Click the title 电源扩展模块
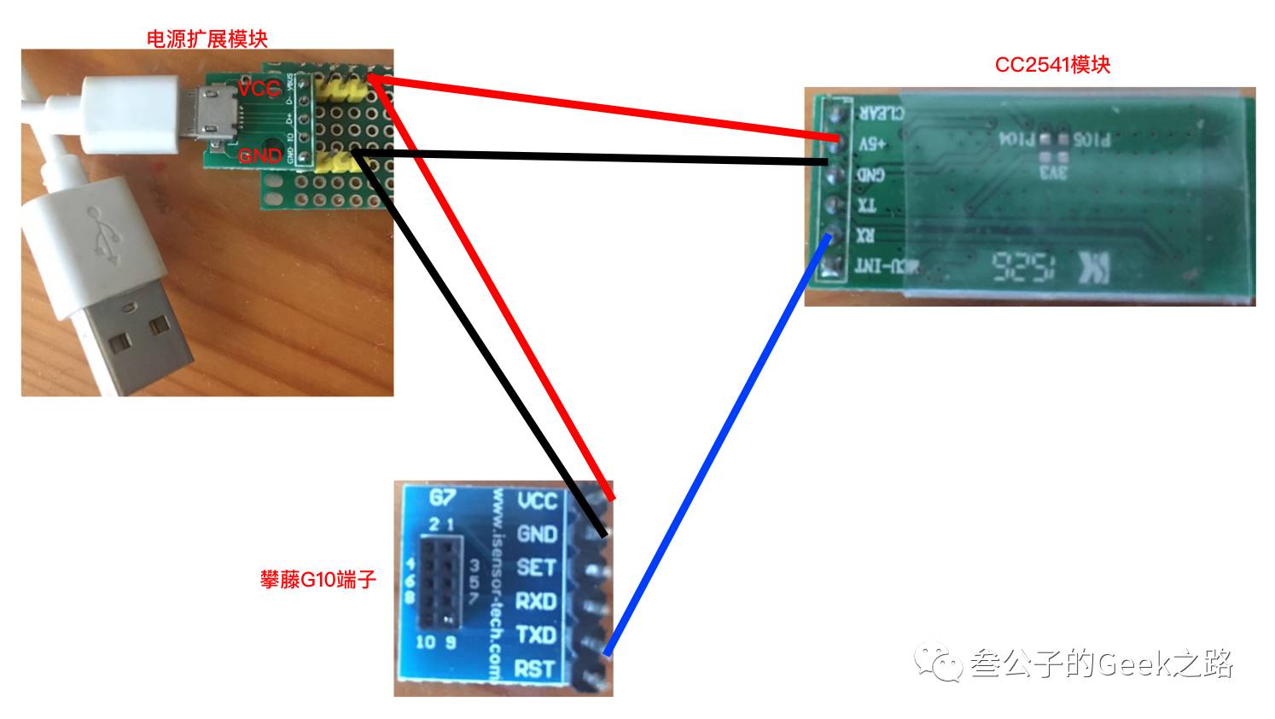[x=207, y=38]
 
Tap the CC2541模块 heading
[x=1052, y=65]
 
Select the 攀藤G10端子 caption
[x=317, y=580]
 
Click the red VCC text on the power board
[x=259, y=89]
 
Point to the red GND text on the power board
[x=259, y=155]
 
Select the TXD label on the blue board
[x=536, y=634]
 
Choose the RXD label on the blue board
[x=536, y=601]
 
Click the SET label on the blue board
[x=536, y=567]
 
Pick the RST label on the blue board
[x=535, y=669]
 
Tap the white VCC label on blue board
[x=537, y=500]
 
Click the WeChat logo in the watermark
[x=939, y=662]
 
